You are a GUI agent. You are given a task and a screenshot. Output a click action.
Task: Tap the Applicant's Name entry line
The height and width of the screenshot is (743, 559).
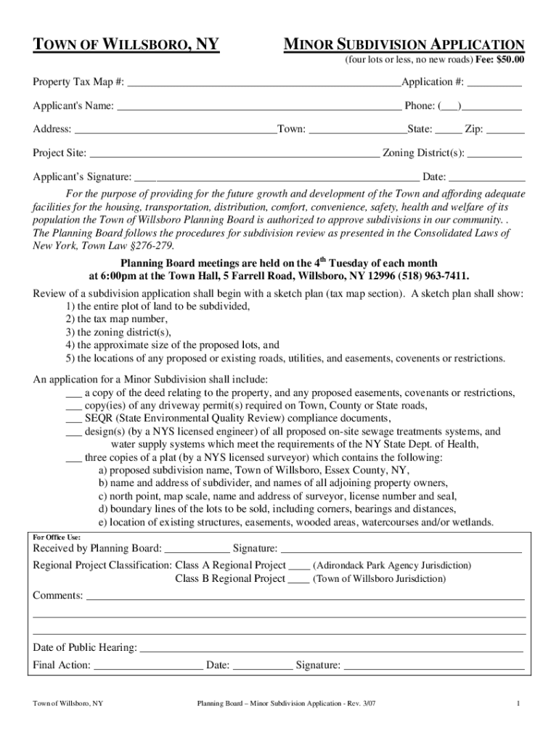click(x=259, y=107)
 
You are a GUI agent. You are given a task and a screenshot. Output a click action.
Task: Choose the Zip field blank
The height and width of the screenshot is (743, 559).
click(x=505, y=130)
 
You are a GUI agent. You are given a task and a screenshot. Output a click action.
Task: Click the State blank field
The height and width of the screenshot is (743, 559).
click(x=448, y=130)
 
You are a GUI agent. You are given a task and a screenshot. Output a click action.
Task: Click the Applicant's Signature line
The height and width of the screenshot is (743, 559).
click(x=277, y=178)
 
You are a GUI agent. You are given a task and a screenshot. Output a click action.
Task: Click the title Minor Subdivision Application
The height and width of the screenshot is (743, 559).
click(x=403, y=45)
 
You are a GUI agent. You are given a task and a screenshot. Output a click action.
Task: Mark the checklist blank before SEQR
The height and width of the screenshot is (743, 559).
click(x=73, y=419)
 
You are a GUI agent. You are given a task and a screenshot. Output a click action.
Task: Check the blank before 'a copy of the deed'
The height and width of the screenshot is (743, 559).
click(x=73, y=393)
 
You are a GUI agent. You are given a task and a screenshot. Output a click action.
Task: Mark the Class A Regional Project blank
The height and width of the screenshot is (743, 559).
click(x=299, y=565)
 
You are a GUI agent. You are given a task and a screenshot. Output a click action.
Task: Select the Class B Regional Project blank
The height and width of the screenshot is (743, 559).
click(x=299, y=579)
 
